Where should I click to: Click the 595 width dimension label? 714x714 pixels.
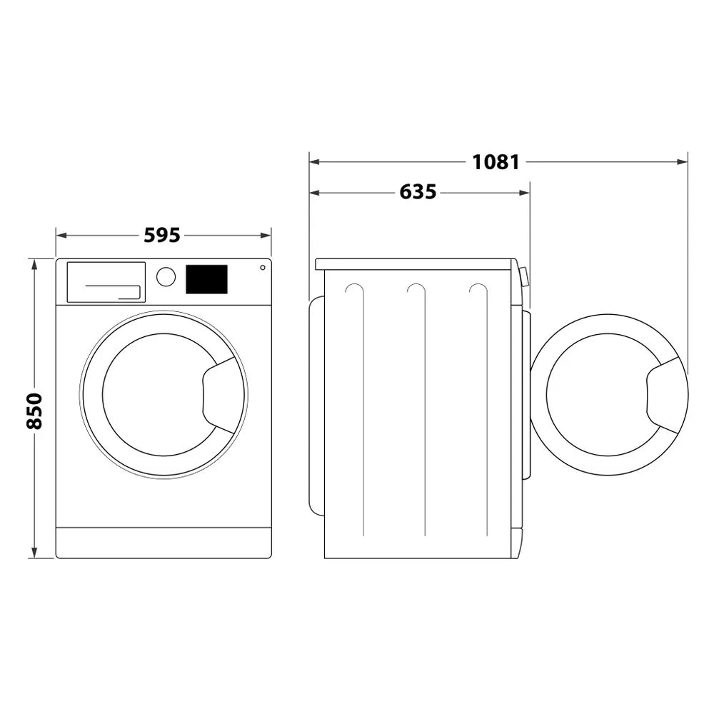tap(162, 235)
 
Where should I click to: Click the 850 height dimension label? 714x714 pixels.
tap(34, 411)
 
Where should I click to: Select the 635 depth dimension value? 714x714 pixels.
tap(418, 192)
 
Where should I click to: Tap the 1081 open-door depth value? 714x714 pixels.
tap(496, 162)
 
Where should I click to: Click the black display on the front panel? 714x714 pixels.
tap(206, 279)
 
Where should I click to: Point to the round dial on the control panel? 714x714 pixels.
tap(166, 277)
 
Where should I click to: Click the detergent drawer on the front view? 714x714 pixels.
tap(106, 282)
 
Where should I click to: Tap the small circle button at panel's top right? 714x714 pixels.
tap(262, 268)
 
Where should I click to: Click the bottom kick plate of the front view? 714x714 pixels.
tap(164, 543)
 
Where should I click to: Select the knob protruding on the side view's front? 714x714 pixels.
tap(524, 277)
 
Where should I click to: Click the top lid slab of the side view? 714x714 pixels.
tap(414, 264)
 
